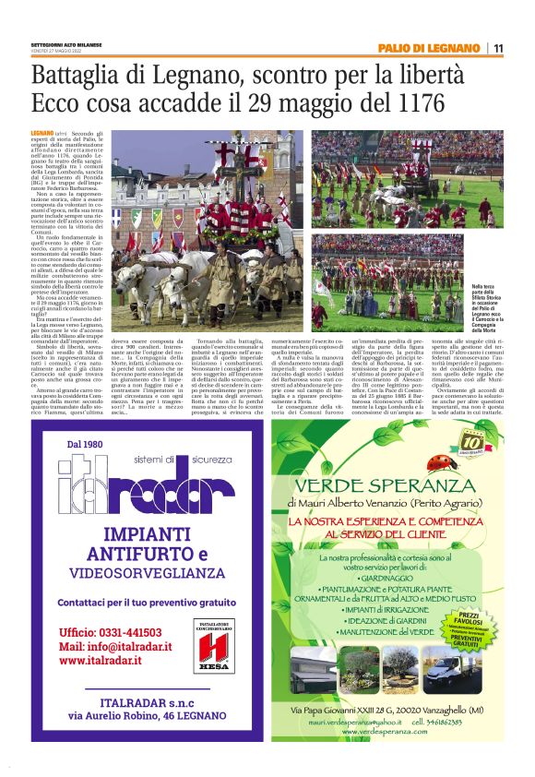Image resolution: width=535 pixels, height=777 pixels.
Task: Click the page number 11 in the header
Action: [x=498, y=48]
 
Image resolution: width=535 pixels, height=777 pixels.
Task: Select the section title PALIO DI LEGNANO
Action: [x=428, y=48]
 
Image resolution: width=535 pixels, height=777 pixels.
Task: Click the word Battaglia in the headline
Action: [x=82, y=74]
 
